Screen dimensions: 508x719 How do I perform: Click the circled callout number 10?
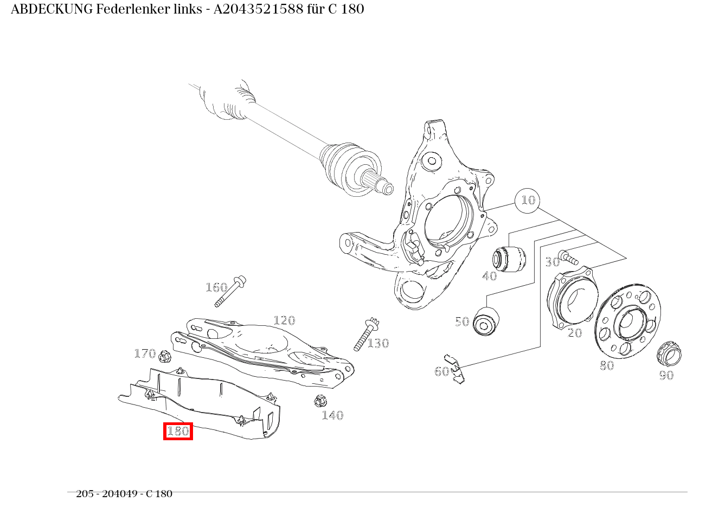tap(527, 201)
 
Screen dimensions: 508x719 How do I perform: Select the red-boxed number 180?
tap(178, 431)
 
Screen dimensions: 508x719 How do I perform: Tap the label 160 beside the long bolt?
tap(216, 287)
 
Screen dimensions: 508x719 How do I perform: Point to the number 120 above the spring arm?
tap(284, 320)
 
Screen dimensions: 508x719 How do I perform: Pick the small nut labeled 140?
tap(320, 401)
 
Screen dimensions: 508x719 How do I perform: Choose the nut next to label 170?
tap(165, 357)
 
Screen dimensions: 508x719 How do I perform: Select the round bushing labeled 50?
tap(485, 321)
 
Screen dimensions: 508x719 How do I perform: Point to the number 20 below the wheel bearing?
tap(574, 333)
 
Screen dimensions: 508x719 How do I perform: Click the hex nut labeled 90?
tap(669, 354)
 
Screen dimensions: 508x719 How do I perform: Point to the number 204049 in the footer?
tap(118, 494)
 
